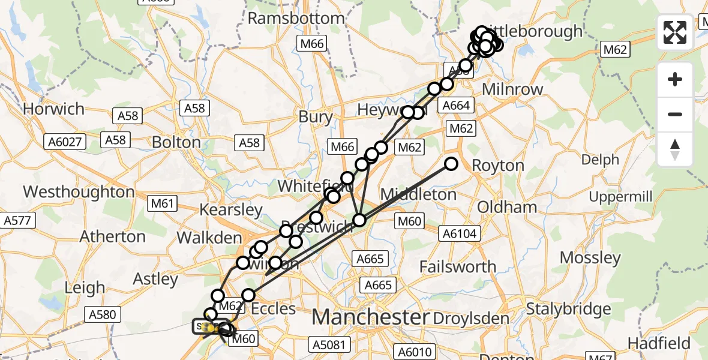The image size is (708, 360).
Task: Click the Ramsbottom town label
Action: pyautogui.click(x=296, y=18)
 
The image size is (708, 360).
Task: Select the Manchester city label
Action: pyautogui.click(x=371, y=316)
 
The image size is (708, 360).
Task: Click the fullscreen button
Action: pyautogui.click(x=675, y=32)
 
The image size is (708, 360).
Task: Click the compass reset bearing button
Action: pyautogui.click(x=675, y=149)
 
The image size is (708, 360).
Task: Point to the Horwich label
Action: pyautogui.click(x=53, y=109)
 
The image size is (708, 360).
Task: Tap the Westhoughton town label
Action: pyautogui.click(x=79, y=192)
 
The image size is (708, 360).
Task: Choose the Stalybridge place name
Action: pyautogui.click(x=568, y=309)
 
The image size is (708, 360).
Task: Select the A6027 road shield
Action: pyautogui.click(x=65, y=142)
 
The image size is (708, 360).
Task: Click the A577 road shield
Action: pyautogui.click(x=16, y=221)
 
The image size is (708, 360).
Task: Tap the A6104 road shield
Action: pyautogui.click(x=461, y=233)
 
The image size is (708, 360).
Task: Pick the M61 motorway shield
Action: pyautogui.click(x=162, y=204)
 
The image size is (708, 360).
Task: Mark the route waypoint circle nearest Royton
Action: pyautogui.click(x=451, y=164)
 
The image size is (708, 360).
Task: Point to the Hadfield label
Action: pyautogui.click(x=659, y=343)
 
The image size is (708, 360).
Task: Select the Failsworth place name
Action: pyautogui.click(x=458, y=266)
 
